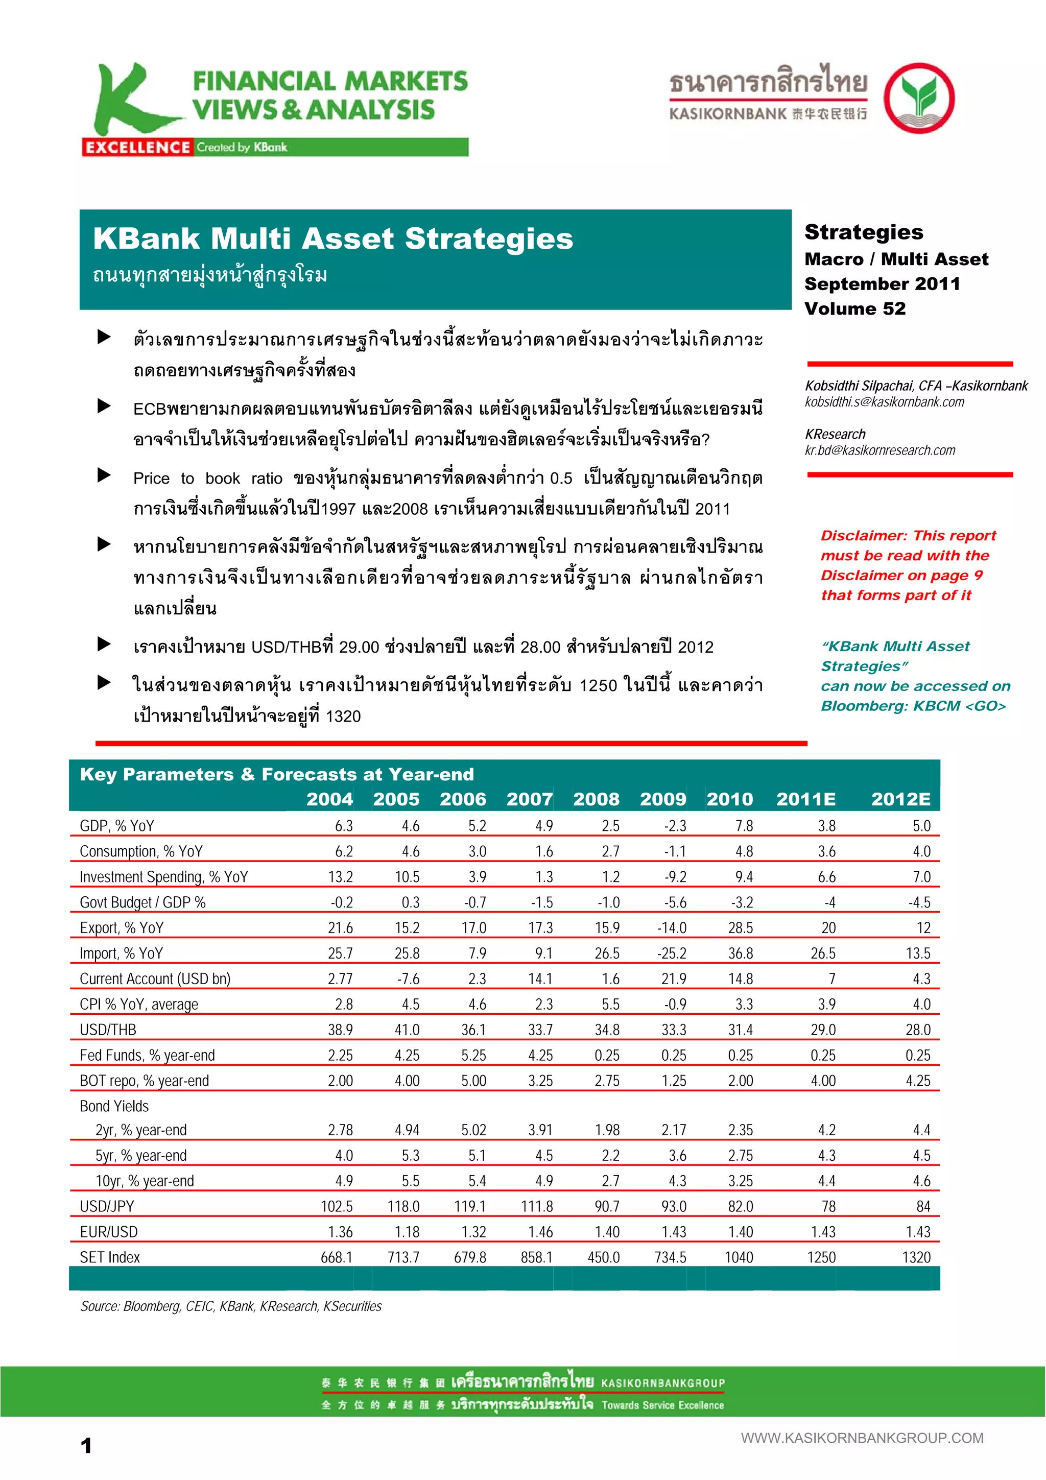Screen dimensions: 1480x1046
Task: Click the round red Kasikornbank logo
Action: pyautogui.click(x=918, y=99)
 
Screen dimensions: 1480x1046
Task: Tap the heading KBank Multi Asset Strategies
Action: pyautogui.click(x=332, y=238)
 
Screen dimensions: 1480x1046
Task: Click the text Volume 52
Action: pyautogui.click(x=854, y=309)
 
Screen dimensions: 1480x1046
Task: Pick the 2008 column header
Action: pyautogui.click(x=596, y=799)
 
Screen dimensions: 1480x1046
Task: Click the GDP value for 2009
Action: pyautogui.click(x=675, y=826)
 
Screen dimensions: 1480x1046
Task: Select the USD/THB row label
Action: pyautogui.click(x=108, y=1030)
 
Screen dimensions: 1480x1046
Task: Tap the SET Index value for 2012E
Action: pyautogui.click(x=916, y=1257)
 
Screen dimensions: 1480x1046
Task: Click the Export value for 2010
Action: pyautogui.click(x=741, y=927)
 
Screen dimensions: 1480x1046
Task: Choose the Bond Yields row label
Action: pyautogui.click(x=114, y=1106)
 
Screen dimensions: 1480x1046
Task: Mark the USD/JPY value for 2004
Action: pyautogui.click(x=337, y=1206)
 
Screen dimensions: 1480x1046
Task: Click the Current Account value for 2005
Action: pyautogui.click(x=408, y=978)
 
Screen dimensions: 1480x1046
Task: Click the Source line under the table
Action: pyautogui.click(x=231, y=1306)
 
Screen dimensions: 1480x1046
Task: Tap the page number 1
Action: pyautogui.click(x=86, y=1446)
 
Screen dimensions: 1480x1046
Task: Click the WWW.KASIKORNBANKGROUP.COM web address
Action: pyautogui.click(x=862, y=1438)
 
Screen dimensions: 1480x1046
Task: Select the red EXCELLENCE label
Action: pyautogui.click(x=137, y=148)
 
